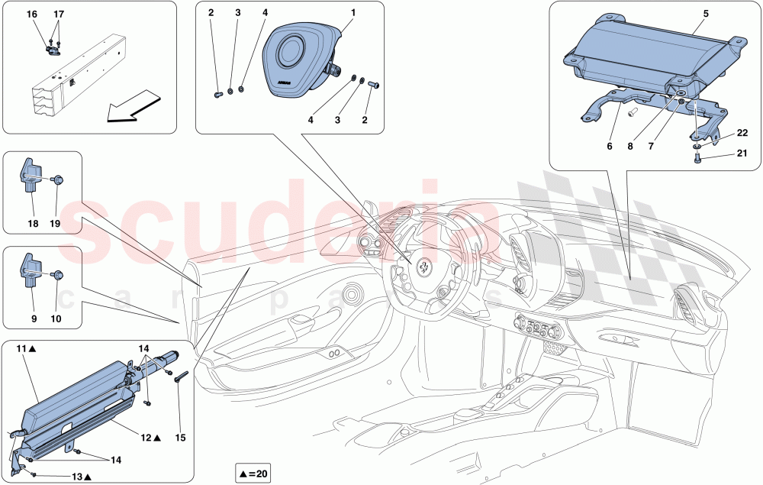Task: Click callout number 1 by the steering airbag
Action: tap(353, 14)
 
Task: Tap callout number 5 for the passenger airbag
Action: tap(705, 14)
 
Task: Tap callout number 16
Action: tap(31, 15)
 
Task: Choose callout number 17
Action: tap(59, 15)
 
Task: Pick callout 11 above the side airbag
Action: tap(22, 348)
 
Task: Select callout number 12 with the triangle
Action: tap(147, 438)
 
